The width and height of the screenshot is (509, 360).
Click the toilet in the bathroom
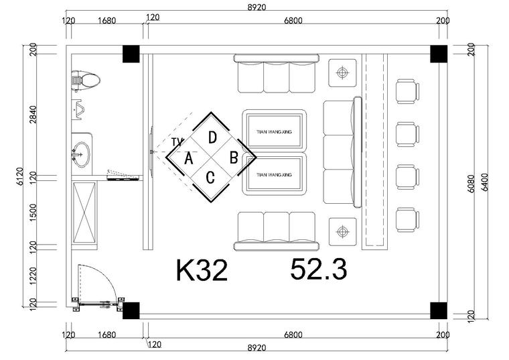point(85,80)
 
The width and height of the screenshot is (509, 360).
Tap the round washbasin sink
point(81,154)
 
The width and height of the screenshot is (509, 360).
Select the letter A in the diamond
point(189,159)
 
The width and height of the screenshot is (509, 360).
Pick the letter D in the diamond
point(212,137)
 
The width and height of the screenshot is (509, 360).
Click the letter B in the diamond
point(234,158)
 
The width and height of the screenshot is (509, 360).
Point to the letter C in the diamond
point(210,178)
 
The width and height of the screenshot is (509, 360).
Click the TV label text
point(177,142)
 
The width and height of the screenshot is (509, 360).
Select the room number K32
point(202,270)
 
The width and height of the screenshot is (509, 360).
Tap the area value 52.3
point(319,269)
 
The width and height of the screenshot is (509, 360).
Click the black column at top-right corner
point(439,54)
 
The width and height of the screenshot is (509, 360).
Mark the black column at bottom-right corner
point(439,310)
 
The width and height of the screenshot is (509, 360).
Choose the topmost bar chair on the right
point(408,92)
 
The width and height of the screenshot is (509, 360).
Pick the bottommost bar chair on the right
point(408,220)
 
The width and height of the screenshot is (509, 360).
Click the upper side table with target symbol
point(342,73)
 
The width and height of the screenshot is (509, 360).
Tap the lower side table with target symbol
point(342,232)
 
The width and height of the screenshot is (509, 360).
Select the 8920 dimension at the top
point(257,7)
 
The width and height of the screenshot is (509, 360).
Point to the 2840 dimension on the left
point(33,115)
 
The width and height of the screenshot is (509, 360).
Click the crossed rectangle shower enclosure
point(84,213)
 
